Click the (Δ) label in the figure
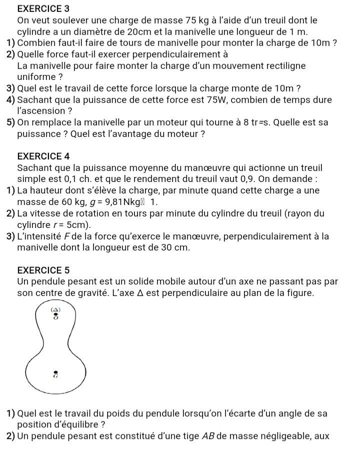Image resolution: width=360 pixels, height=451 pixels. point(55,310)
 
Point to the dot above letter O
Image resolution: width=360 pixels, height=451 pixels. point(55,314)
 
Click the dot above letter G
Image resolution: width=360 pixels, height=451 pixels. point(55,372)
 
